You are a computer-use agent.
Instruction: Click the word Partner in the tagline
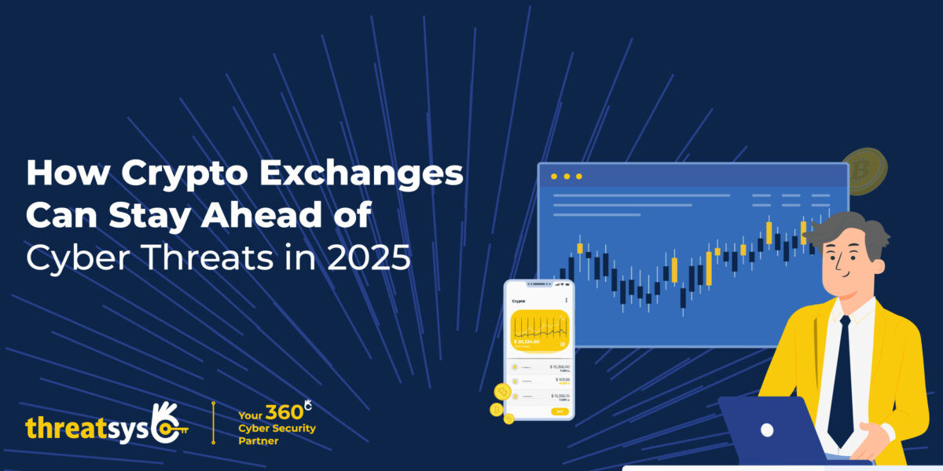click(x=258, y=441)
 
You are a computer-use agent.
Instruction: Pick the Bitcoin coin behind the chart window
click(x=864, y=169)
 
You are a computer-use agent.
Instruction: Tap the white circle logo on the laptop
click(x=767, y=430)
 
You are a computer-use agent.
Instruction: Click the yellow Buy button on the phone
click(x=559, y=411)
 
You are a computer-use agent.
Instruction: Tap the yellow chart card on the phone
click(x=540, y=330)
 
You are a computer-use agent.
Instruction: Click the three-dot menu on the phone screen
click(x=566, y=301)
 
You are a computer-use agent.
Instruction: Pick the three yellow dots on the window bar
click(x=566, y=177)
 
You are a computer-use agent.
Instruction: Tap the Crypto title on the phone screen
click(x=519, y=301)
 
